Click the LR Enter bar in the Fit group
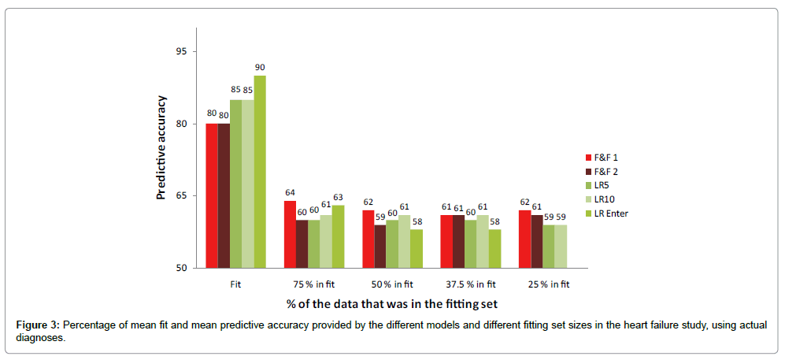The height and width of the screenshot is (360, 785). click(x=260, y=172)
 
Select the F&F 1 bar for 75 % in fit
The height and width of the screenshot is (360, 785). click(x=290, y=234)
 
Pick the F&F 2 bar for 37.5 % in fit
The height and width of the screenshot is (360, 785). click(x=460, y=241)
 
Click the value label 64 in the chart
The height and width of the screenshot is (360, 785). click(x=290, y=191)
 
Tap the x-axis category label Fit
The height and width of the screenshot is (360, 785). click(x=235, y=283)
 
